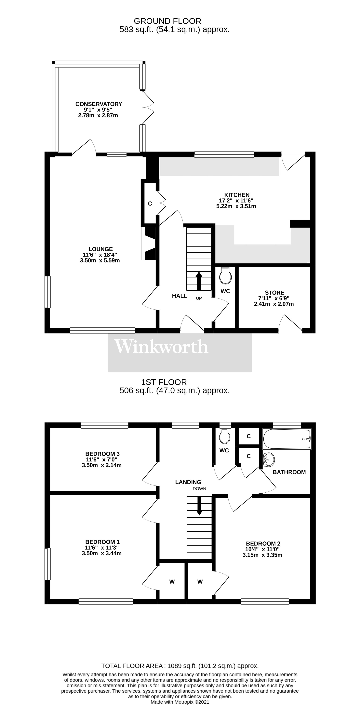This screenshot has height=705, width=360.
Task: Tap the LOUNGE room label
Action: click(x=100, y=249)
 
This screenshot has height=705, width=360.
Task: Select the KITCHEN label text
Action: click(x=237, y=195)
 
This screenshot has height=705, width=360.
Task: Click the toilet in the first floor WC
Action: click(x=225, y=436)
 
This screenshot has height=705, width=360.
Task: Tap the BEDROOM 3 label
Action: click(x=102, y=454)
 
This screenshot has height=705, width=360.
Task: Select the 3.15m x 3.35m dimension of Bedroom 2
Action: click(x=262, y=555)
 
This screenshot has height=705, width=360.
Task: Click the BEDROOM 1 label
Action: click(x=102, y=542)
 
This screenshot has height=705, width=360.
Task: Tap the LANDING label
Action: click(x=188, y=482)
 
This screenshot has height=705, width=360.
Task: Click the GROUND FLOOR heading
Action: click(x=167, y=21)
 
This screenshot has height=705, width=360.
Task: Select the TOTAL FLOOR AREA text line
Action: click(x=180, y=666)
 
